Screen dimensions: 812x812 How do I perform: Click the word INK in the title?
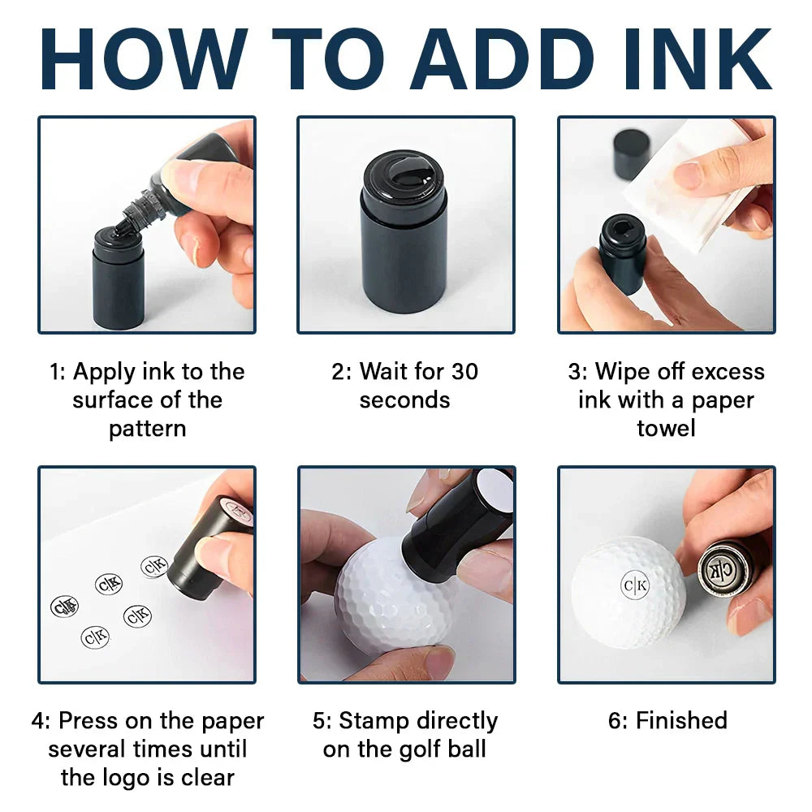click(x=698, y=59)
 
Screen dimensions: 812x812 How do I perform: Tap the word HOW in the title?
click(x=143, y=59)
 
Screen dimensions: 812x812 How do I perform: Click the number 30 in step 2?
click(x=464, y=372)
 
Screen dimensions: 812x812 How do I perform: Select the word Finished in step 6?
click(x=681, y=720)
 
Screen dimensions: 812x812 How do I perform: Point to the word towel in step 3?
click(x=666, y=428)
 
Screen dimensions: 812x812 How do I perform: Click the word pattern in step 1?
click(x=148, y=430)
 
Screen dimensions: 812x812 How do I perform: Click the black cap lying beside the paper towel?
click(x=631, y=153)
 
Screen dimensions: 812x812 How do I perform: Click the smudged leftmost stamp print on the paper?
click(x=64, y=607)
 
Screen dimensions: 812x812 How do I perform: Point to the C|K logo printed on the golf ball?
click(x=635, y=585)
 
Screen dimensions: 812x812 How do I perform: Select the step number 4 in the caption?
click(x=38, y=721)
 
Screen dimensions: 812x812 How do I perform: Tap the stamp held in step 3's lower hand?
click(x=623, y=253)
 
